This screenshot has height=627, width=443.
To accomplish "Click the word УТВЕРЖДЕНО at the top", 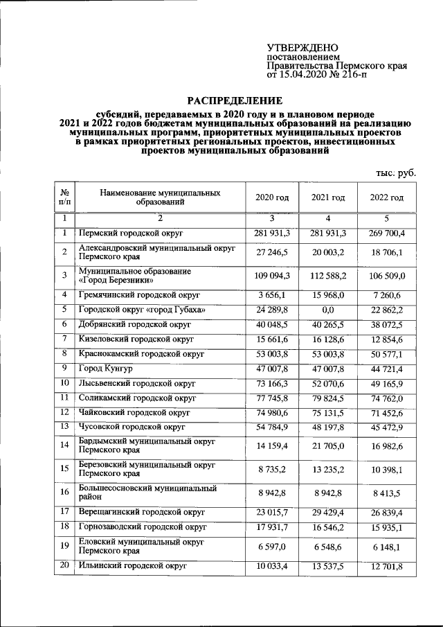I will (x=303, y=47).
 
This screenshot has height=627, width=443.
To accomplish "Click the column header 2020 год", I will (x=271, y=197).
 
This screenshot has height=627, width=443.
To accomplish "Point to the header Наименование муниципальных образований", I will (x=160, y=197).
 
